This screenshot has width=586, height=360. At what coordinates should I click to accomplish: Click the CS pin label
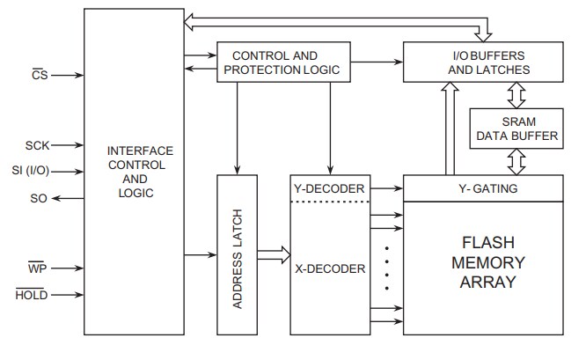pos(39,76)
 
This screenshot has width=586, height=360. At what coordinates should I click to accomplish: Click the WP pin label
pos(36,267)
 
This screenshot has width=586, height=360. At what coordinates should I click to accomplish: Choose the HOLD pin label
pos(31,295)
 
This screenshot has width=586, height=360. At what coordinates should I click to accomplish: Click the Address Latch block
pos(235,254)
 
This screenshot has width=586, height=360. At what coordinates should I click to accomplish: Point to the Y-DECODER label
pos(327,187)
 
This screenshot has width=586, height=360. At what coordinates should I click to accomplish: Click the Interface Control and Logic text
pos(134,172)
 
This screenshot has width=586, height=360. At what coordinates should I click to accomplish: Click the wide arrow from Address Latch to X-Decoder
pos(272,255)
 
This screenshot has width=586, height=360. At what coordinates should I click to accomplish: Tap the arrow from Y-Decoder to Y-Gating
pos(385,187)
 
